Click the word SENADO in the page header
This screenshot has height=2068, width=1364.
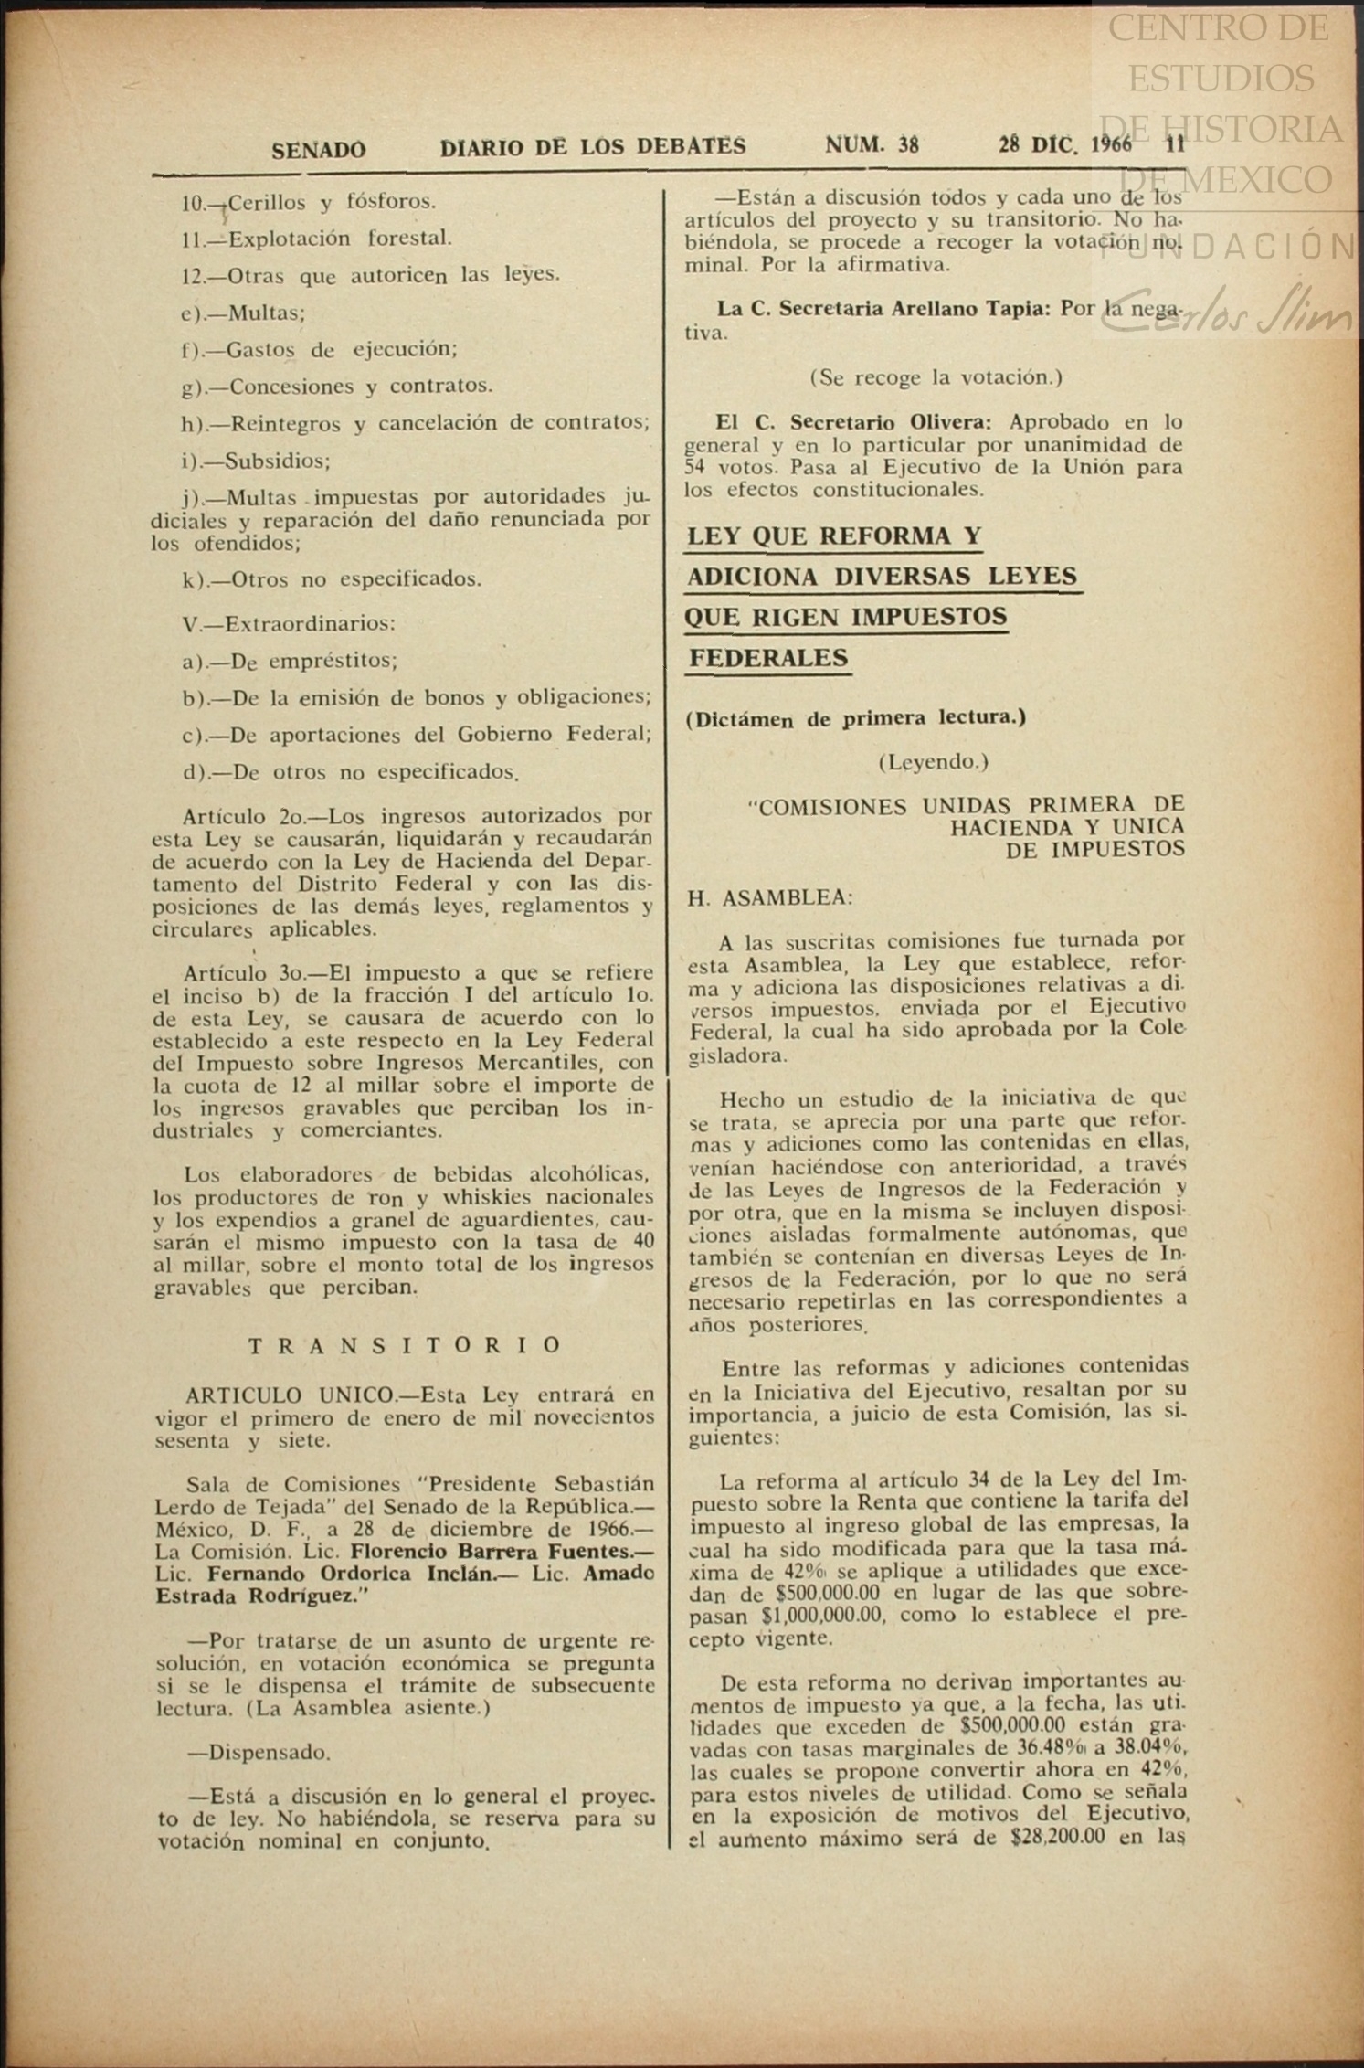click(x=318, y=150)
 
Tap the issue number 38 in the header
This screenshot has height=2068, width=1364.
click(x=907, y=144)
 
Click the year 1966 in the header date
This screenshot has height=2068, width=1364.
click(x=1110, y=144)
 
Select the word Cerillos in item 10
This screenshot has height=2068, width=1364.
click(x=269, y=202)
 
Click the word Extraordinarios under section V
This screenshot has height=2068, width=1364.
click(x=310, y=624)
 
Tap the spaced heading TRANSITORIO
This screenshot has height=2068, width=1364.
click(x=405, y=1345)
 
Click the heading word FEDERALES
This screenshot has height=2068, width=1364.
click(x=768, y=658)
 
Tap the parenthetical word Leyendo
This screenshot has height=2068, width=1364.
click(x=933, y=761)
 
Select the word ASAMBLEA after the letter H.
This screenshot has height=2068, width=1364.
click(x=787, y=898)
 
